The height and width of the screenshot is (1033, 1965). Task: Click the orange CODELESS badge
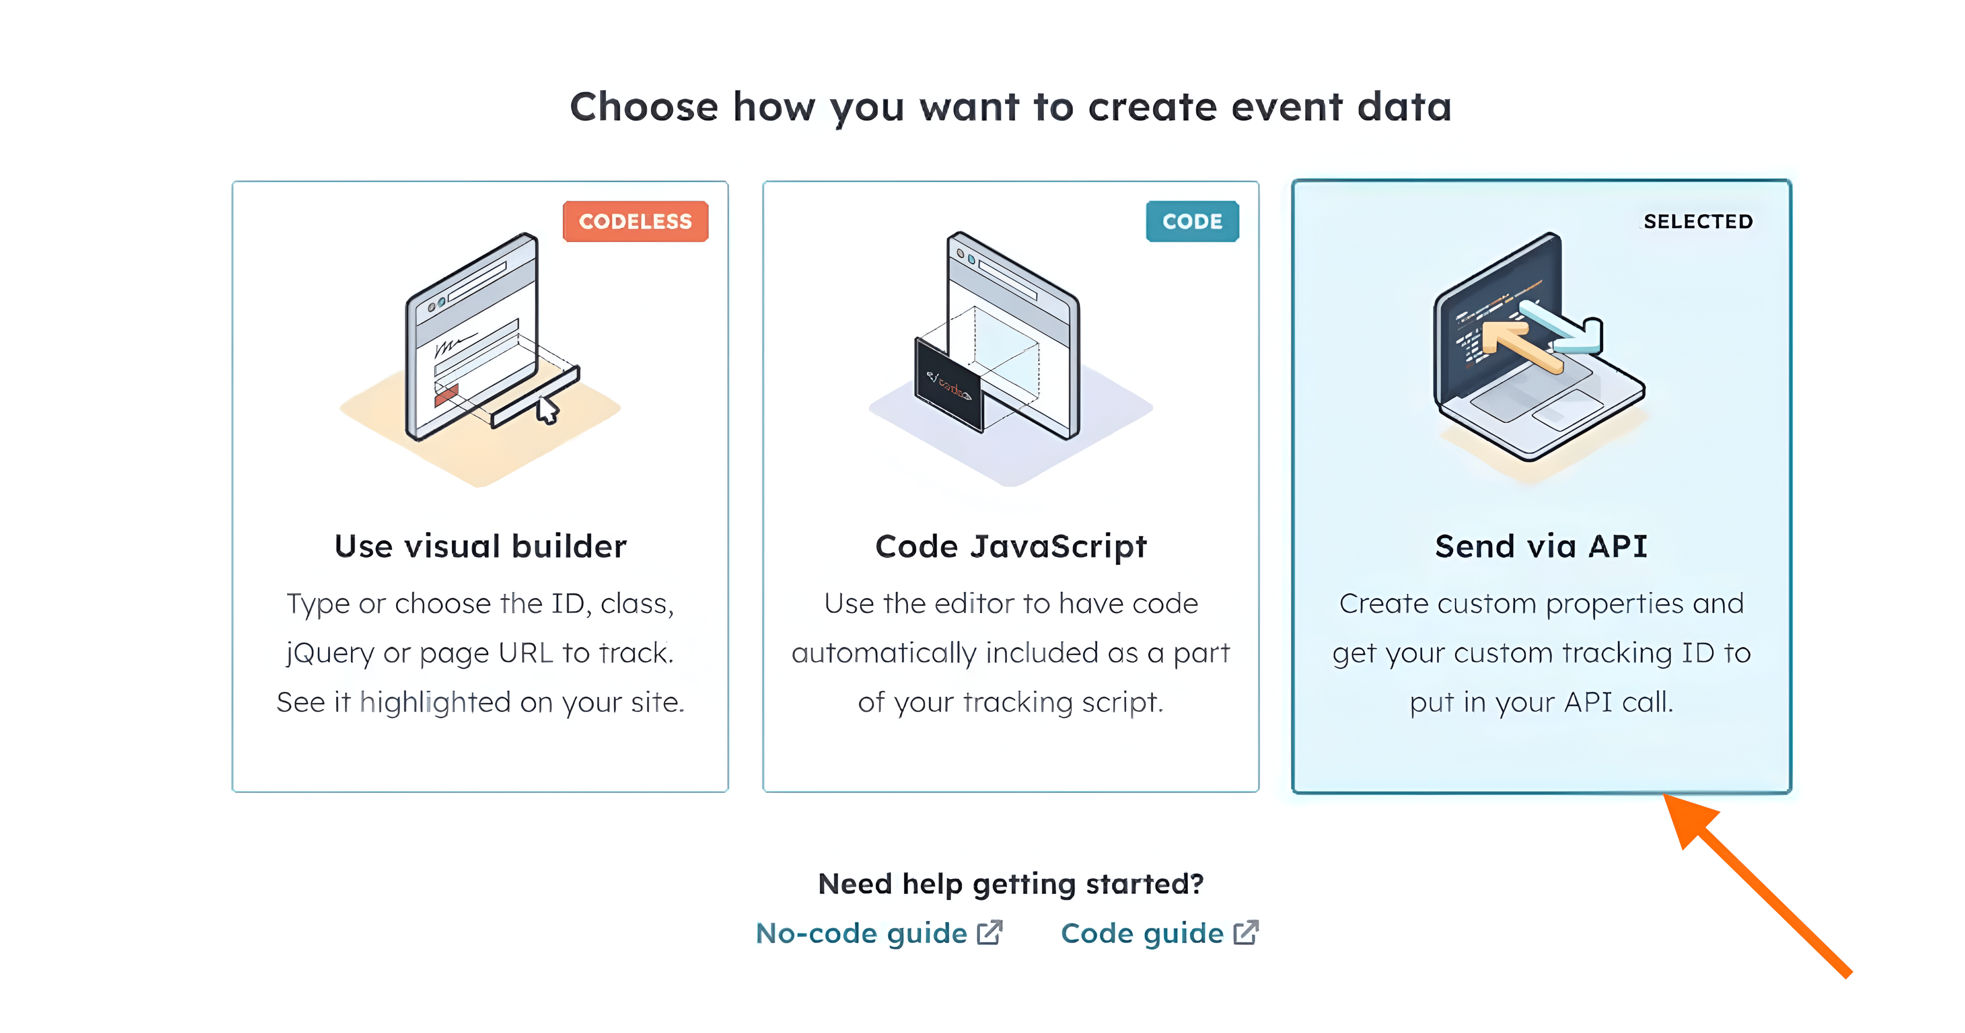click(636, 221)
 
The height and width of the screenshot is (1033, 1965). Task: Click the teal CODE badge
click(1192, 221)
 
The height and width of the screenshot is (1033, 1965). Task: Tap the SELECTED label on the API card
click(1698, 221)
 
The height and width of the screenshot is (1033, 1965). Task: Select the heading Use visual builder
click(481, 546)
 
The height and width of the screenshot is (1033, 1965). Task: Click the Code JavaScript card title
click(1011, 547)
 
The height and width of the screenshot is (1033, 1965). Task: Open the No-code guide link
click(861, 933)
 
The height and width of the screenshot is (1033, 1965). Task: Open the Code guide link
click(1142, 933)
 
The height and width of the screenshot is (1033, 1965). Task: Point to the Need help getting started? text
click(1011, 884)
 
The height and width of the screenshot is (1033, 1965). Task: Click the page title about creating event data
click(1011, 107)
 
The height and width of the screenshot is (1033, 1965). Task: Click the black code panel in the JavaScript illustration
click(948, 385)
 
